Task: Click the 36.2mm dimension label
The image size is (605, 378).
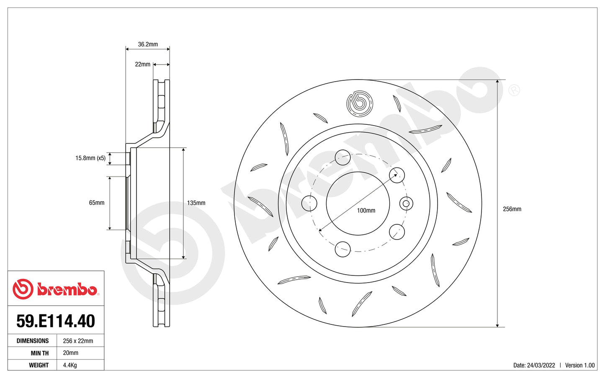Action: tap(148, 44)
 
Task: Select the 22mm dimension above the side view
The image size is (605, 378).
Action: tap(142, 64)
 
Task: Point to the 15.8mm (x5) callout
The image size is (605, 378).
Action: tap(90, 158)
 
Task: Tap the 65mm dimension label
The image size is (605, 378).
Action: tap(97, 203)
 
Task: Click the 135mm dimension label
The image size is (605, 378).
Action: tap(196, 203)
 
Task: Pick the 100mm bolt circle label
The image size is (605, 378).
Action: tap(366, 211)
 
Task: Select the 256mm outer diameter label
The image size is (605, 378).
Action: tap(512, 209)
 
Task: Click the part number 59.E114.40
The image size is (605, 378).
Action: tap(56, 321)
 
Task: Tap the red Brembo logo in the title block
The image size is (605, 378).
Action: tap(56, 289)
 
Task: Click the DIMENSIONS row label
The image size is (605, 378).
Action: tap(33, 341)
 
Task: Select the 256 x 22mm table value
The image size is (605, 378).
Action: tap(78, 341)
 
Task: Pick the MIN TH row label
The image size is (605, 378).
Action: tap(39, 353)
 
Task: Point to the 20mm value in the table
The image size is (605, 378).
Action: tap(71, 353)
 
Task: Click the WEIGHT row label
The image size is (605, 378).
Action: tap(39, 365)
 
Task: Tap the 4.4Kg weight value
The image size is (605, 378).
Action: tap(70, 365)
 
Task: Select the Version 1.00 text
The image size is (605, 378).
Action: tap(579, 365)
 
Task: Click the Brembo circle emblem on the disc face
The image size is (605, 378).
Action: tap(360, 103)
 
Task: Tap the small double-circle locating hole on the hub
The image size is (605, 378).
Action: tap(406, 204)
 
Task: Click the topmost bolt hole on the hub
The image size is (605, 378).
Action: tap(343, 157)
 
